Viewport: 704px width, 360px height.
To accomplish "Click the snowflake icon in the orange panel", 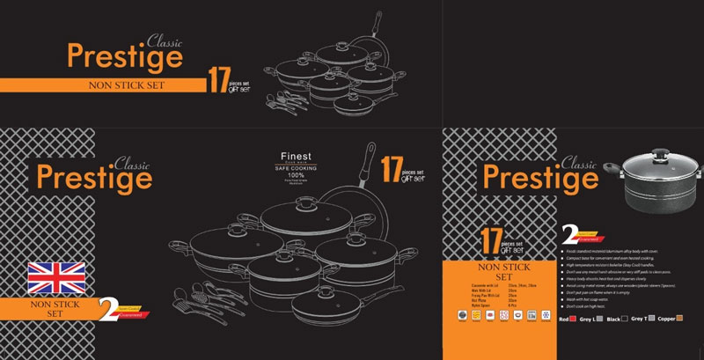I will pos(546,314).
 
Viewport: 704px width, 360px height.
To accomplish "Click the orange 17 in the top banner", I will pos(218,82).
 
